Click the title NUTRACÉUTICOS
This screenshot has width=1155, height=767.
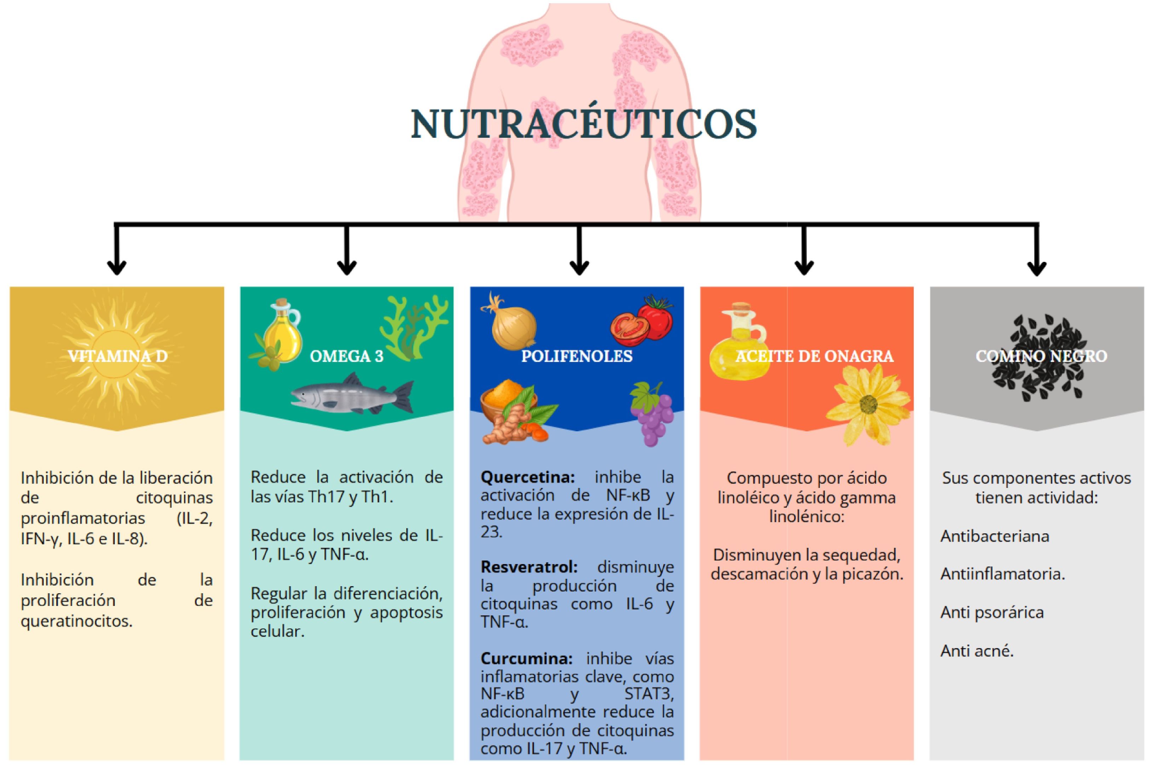[584, 124]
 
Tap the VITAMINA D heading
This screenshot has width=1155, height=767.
[117, 356]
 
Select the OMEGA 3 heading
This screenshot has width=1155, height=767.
[347, 356]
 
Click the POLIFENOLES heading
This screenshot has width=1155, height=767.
[577, 356]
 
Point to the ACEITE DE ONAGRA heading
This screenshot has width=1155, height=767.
[814, 356]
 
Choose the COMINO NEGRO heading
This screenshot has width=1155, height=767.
[1041, 356]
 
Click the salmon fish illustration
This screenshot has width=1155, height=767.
[352, 394]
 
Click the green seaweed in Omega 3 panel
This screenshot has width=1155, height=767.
[414, 328]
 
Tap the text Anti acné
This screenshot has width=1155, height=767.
[977, 651]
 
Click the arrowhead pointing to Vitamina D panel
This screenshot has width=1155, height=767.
[117, 268]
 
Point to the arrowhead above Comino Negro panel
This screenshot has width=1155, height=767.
[1037, 268]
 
